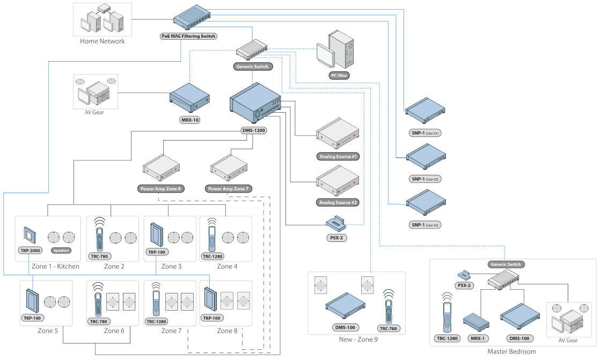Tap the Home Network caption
pos(102,41)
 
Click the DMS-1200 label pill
pos(254,130)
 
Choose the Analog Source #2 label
pos(338,203)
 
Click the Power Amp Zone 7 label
pos(229,189)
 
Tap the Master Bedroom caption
pos(512,351)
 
